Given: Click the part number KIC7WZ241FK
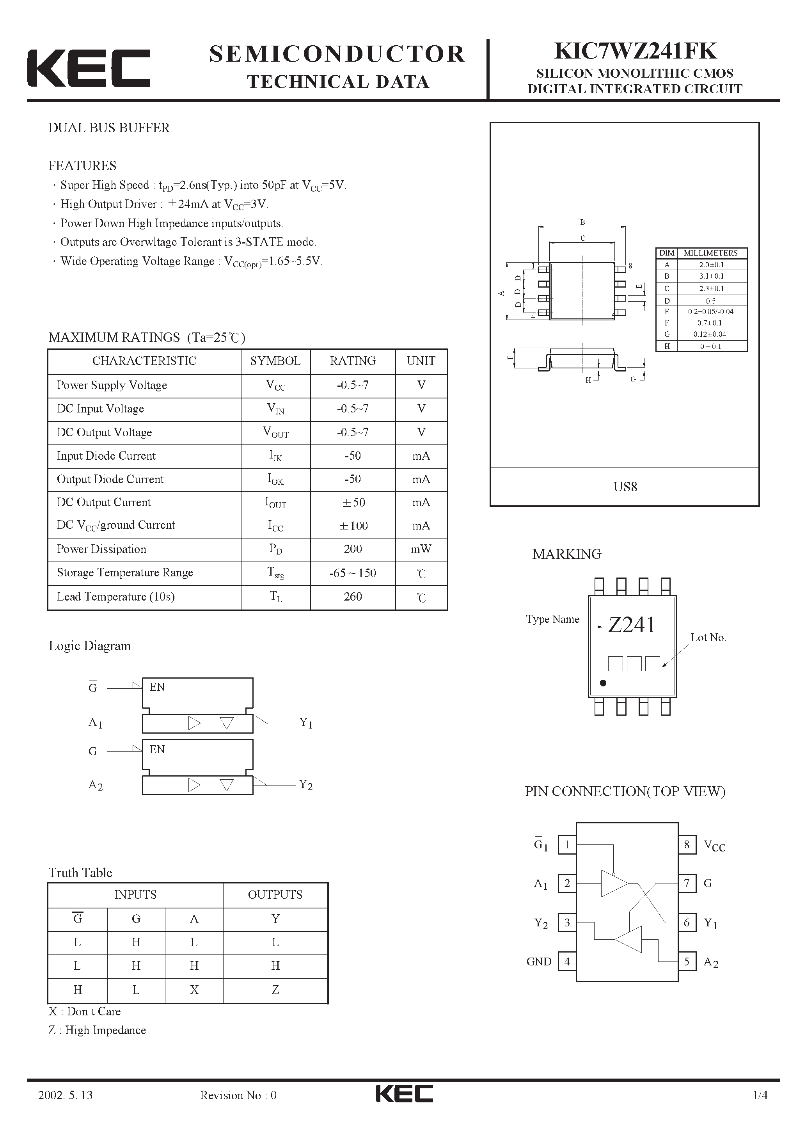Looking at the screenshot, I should (x=635, y=51).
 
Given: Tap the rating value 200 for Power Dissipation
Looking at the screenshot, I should (x=352, y=549).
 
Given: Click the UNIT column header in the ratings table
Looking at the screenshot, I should (x=421, y=361).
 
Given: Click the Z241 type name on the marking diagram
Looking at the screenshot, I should (x=632, y=625).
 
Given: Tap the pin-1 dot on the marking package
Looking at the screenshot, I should (x=603, y=683).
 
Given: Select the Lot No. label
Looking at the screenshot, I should (x=708, y=638).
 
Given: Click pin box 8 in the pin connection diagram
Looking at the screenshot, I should (x=687, y=844).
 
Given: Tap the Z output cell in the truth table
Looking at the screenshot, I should (x=275, y=990).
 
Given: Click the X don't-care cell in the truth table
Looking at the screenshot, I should (x=194, y=990).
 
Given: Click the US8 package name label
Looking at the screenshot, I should (x=625, y=487).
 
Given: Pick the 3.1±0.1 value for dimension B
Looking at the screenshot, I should (x=710, y=276).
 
